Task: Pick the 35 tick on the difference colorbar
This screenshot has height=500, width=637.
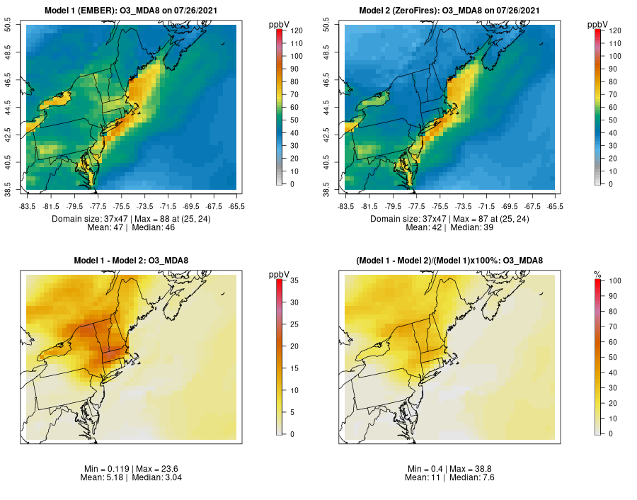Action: pos(293,281)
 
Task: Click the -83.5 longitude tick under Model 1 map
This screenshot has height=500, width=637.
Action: pos(27,207)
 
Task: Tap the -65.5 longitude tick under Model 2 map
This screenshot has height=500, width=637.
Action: pos(555,207)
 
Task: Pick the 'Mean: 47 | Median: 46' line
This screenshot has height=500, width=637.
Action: pos(131,228)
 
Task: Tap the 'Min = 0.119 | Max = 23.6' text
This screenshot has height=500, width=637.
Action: pos(131,469)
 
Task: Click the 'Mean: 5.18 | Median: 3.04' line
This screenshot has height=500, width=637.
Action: pos(131,478)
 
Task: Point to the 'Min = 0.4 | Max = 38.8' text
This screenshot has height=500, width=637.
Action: pos(449,469)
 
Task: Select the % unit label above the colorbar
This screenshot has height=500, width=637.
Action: pos(597,274)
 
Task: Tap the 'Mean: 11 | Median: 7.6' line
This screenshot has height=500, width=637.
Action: pos(449,478)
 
